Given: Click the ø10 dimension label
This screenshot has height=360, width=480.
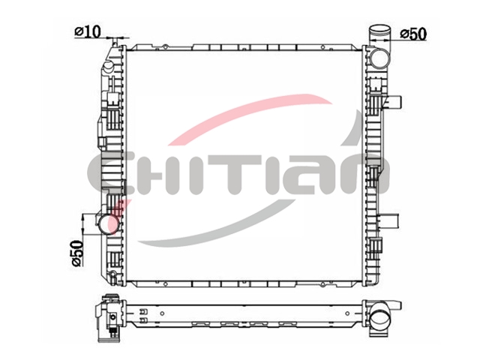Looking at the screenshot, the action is tap(88, 31).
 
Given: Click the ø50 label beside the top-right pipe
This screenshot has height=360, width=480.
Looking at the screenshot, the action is tap(413, 34).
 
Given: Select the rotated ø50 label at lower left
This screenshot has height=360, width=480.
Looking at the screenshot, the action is tap(77, 253).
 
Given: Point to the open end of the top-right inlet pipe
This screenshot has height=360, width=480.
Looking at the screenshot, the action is tap(380, 30).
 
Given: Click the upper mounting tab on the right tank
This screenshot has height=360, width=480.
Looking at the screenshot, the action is tap(394, 102).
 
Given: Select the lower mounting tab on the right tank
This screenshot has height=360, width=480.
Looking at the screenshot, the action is tap(391, 220).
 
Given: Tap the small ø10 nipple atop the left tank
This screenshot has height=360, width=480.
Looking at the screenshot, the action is tap(115, 42).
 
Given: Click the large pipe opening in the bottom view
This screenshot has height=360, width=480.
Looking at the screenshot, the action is tap(381, 319).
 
